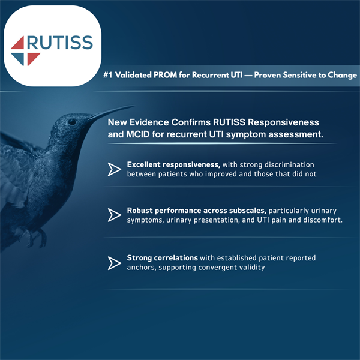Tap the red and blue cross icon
coord(26,50)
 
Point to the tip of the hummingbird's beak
coord(118,107)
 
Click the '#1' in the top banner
coord(109,76)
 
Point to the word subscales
coord(244,210)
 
